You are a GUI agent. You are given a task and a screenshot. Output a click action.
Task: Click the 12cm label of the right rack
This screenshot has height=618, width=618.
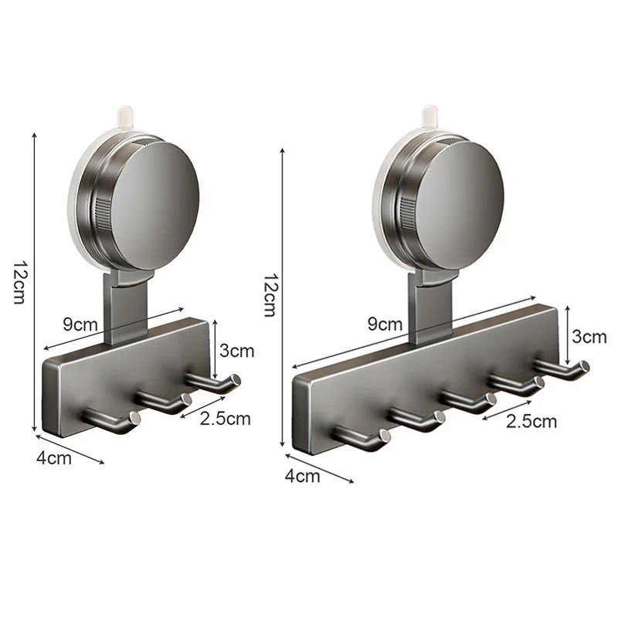click(x=269, y=294)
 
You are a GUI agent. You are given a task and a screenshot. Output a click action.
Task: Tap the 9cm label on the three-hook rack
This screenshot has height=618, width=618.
click(x=80, y=324)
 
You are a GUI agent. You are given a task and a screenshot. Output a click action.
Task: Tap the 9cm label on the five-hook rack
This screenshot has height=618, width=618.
click(x=384, y=324)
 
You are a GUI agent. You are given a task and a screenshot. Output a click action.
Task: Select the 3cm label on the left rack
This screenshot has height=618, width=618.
click(x=236, y=350)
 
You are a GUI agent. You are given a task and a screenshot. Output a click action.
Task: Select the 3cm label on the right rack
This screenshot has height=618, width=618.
click(x=589, y=336)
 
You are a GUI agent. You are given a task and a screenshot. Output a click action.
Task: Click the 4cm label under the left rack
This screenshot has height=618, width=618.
click(x=54, y=457)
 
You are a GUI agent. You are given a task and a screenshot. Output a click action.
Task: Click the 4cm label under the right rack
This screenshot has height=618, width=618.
click(x=302, y=476)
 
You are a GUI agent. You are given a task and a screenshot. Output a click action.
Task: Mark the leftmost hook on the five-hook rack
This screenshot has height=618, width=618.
click(x=363, y=436)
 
